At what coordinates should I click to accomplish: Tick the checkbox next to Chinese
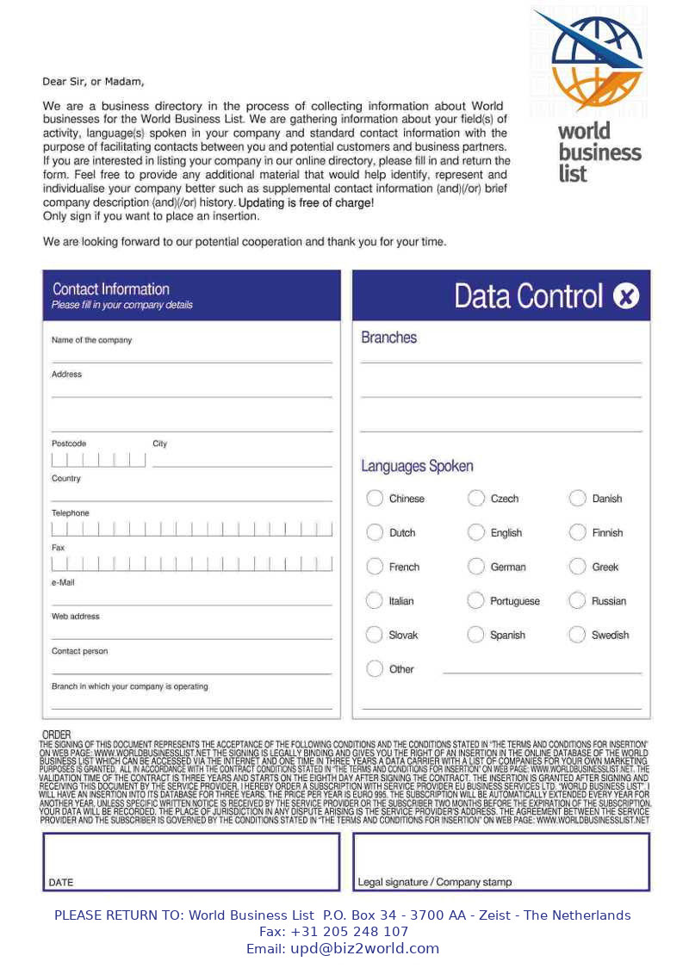point(375,499)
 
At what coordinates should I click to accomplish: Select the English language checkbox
point(476,533)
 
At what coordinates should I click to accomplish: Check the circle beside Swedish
point(577,635)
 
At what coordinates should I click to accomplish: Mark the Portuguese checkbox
point(476,601)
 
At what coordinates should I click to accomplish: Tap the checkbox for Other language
point(375,669)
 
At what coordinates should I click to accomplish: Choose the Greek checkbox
point(577,567)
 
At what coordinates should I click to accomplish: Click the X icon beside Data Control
point(626,296)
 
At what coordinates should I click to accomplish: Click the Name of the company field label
point(92,340)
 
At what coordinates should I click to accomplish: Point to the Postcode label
point(69,444)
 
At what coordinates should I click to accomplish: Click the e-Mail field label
point(63,582)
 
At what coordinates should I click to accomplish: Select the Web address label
point(76,617)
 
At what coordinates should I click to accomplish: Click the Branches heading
point(389,338)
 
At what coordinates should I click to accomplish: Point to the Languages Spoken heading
point(417,466)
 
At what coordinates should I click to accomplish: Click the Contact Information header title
point(111,289)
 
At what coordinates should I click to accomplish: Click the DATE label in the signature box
point(61,882)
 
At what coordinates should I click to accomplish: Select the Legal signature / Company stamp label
point(435,882)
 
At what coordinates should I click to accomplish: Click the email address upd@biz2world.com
point(364,948)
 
